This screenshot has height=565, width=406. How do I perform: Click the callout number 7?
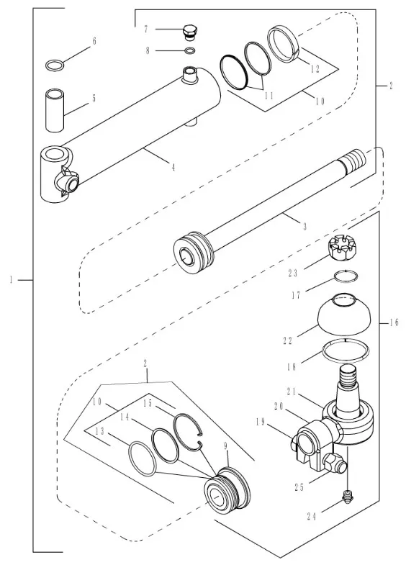click(x=146, y=30)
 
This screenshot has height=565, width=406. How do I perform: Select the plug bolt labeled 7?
click(x=191, y=32)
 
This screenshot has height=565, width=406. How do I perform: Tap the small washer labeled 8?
click(x=190, y=50)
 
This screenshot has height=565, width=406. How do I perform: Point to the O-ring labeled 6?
click(x=55, y=66)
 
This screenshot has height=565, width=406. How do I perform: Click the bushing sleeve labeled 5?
click(x=55, y=110)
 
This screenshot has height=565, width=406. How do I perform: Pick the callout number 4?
click(x=173, y=167)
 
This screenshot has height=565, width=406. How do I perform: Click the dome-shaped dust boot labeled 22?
click(x=344, y=314)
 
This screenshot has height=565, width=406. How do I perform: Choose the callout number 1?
click(x=12, y=279)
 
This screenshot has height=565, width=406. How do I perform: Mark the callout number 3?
click(x=304, y=227)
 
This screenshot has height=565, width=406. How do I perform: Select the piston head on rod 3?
click(x=194, y=251)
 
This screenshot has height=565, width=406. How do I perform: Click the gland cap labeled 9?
click(x=227, y=489)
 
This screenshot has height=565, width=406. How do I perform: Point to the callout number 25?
click(x=299, y=487)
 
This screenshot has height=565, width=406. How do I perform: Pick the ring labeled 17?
click(x=346, y=276)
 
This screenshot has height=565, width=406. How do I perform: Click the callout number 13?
click(x=100, y=431)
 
